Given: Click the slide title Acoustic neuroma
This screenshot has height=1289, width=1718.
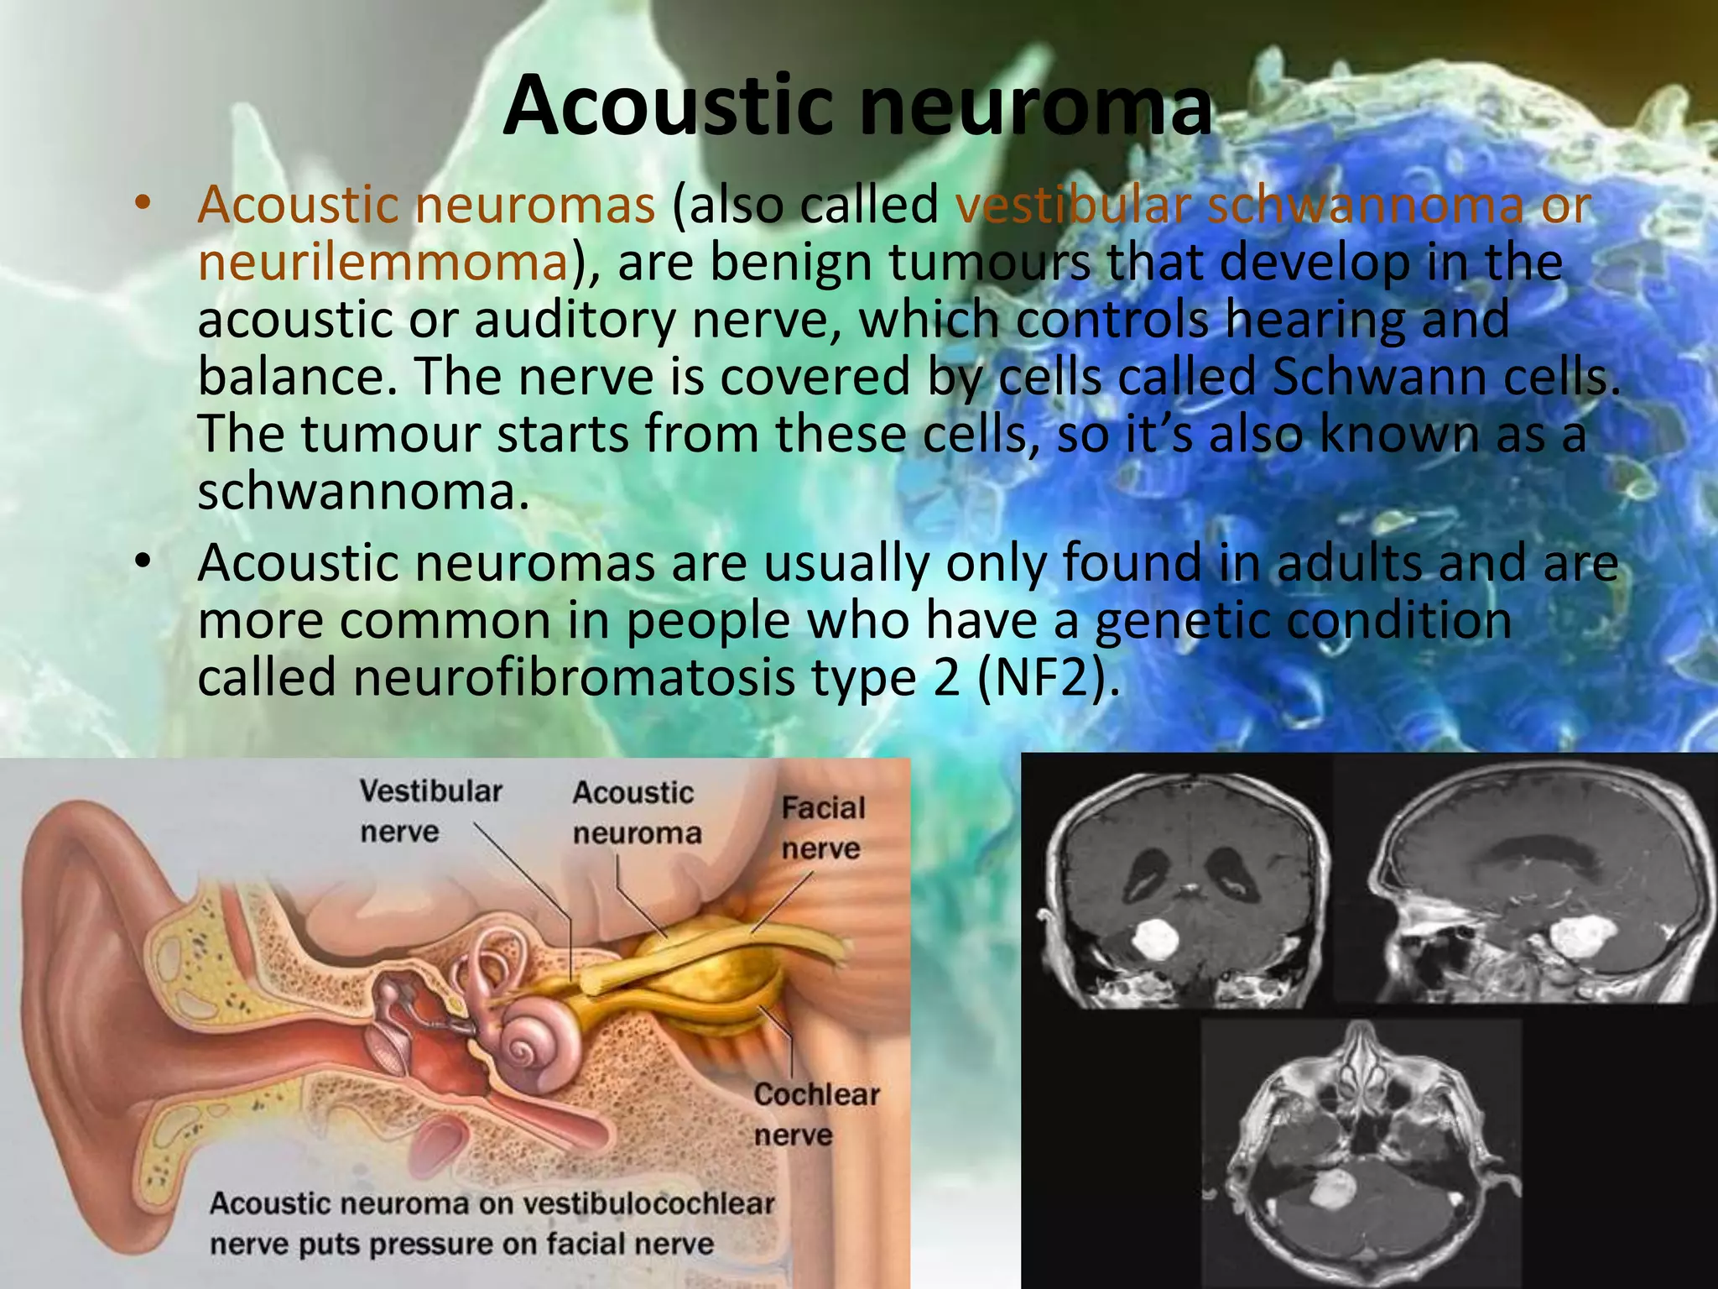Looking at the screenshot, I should point(857,107).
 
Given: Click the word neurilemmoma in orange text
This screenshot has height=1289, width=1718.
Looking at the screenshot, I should point(383,263).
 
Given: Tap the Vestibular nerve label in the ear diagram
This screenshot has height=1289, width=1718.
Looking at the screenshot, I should point(430,811).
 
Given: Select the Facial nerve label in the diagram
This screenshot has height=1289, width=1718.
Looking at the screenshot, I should point(822,827).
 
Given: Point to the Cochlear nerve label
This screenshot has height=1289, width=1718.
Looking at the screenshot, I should point(815,1114).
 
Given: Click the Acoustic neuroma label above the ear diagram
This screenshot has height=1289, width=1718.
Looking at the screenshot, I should point(635,812).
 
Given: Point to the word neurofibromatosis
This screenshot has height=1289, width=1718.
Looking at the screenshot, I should point(574,678).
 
